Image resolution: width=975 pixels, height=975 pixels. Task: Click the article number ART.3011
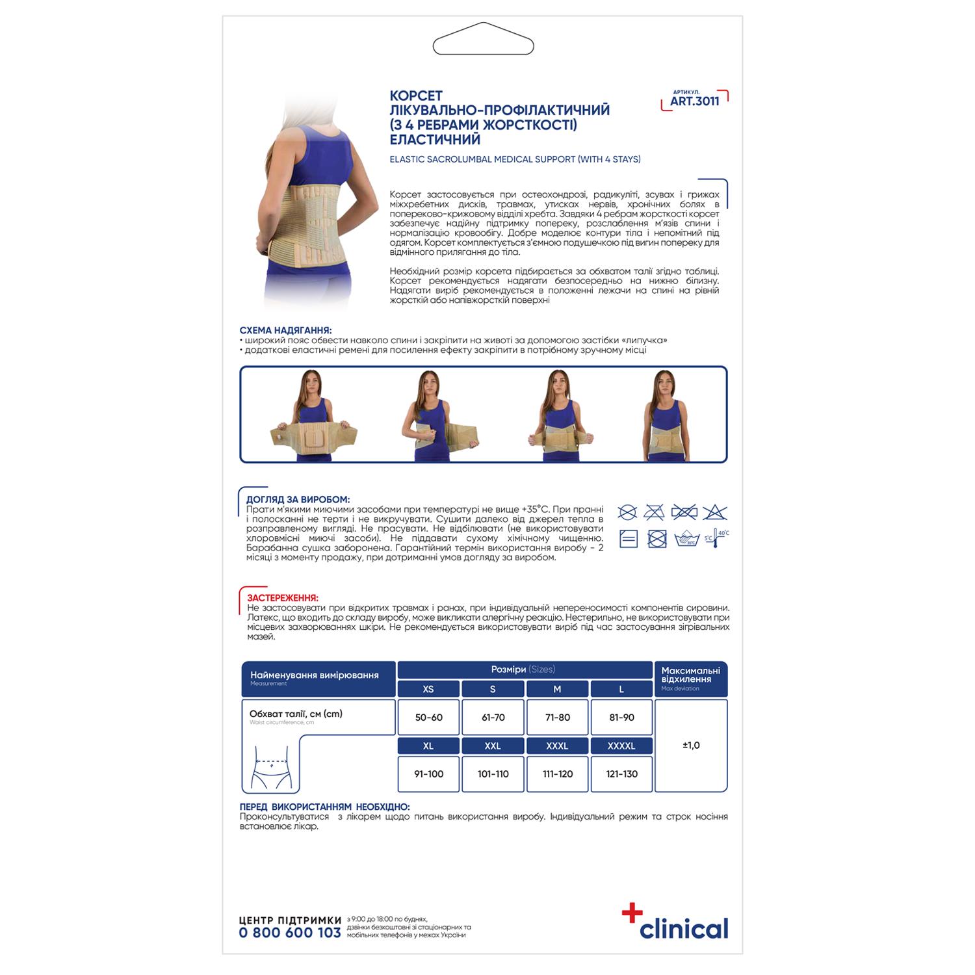tap(695, 101)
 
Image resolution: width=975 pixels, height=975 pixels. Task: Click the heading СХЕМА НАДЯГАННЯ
tap(285, 331)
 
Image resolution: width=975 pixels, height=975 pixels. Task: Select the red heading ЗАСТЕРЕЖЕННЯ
tap(283, 597)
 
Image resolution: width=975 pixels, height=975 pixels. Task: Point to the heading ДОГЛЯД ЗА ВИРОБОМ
tap(298, 499)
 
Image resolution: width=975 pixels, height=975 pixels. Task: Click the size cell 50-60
tap(428, 718)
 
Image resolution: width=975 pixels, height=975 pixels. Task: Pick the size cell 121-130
tap(621, 774)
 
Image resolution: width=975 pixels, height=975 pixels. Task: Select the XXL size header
tap(493, 746)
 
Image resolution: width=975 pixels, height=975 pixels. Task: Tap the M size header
tap(557, 689)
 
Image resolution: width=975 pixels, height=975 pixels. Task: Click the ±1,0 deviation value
tap(691, 746)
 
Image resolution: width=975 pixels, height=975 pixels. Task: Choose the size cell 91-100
tap(428, 774)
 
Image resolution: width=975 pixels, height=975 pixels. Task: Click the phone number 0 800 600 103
tap(290, 932)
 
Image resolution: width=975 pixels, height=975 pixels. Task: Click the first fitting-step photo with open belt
tap(315, 415)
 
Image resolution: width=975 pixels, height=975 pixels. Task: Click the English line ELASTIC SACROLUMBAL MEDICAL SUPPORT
tap(515, 159)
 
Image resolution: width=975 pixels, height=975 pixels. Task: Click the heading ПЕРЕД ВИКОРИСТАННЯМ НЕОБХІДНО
tap(324, 807)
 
